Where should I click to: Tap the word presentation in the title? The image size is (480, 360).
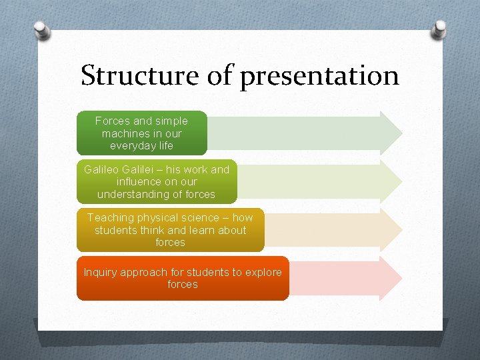(x=319, y=77)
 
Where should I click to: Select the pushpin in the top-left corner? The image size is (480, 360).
(x=41, y=30)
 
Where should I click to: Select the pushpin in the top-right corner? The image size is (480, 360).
(x=439, y=28)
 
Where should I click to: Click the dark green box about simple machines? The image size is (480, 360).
(x=141, y=133)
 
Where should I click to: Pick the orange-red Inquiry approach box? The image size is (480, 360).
(x=183, y=278)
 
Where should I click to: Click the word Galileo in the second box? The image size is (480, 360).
(x=102, y=169)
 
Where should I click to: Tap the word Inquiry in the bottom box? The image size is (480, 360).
(x=100, y=272)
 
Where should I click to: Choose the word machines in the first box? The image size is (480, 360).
(x=123, y=133)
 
